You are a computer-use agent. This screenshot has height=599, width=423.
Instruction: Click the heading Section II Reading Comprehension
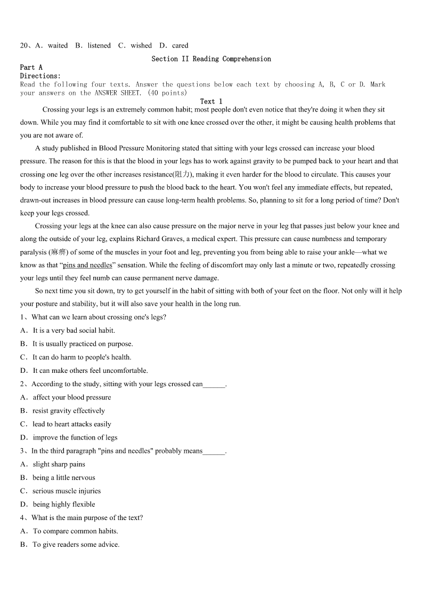(x=211, y=59)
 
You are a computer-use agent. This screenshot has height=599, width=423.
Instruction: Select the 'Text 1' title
(x=211, y=101)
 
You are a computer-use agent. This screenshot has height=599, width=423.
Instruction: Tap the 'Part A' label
(x=31, y=67)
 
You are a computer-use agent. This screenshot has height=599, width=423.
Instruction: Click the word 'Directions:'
(x=40, y=76)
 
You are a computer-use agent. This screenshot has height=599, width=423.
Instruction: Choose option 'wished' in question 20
(x=141, y=45)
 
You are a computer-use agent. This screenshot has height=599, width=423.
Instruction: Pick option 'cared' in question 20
(x=180, y=45)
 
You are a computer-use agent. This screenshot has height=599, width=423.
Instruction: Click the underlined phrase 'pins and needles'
(x=87, y=265)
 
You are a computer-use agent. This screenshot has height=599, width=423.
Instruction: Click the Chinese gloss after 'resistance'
(x=182, y=174)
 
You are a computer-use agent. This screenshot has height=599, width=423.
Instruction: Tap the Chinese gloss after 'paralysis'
(x=59, y=252)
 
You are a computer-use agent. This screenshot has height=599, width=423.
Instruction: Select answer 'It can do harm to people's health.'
(x=82, y=357)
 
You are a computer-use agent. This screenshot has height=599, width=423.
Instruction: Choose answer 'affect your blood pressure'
(x=72, y=397)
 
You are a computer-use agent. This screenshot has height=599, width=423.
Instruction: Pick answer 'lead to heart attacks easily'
(x=72, y=424)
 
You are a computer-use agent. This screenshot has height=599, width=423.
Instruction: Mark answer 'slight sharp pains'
(x=59, y=464)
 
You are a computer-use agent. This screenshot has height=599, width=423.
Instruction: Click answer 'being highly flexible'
(x=64, y=504)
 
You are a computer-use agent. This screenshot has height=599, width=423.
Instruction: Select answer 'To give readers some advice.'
(x=76, y=545)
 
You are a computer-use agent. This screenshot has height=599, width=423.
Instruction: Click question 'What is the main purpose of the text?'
(x=87, y=517)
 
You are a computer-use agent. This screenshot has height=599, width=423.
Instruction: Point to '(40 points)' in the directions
(x=167, y=93)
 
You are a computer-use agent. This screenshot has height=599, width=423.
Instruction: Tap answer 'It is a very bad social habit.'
(x=74, y=331)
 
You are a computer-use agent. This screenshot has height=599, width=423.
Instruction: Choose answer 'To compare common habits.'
(x=75, y=531)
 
